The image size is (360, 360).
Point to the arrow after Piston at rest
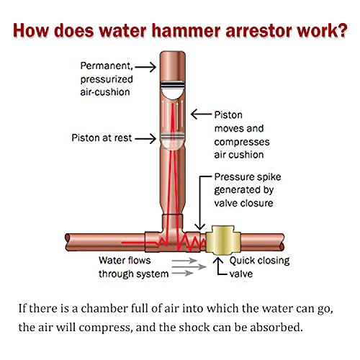pyautogui.click(x=145, y=138)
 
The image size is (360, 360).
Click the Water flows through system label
pyautogui.click(x=134, y=268)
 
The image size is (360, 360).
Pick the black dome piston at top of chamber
pyautogui.click(x=171, y=88)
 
